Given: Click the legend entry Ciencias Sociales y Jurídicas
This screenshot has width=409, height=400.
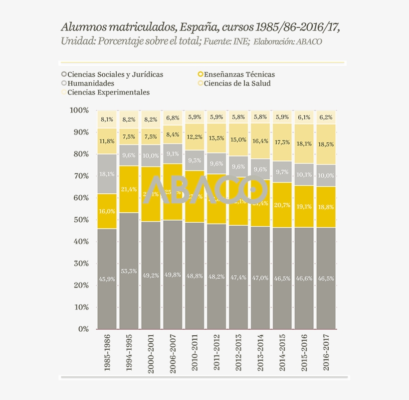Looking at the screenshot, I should point(115,74).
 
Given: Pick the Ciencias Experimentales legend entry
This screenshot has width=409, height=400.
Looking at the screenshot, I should point(108,92).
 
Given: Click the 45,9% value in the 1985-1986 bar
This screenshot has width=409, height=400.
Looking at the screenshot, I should point(107,279).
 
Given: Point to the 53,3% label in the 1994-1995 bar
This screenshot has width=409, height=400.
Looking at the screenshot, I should point(129,271).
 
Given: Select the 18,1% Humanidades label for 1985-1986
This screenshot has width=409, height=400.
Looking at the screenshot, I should point(107,174).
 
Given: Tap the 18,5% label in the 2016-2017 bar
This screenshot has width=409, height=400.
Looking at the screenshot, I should point(326,144).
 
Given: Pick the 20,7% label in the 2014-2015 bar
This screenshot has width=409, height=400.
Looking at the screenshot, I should point(282,205).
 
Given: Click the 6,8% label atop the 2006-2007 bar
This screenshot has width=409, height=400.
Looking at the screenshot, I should point(173,118).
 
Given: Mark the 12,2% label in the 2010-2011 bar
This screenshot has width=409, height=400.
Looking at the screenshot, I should point(195,137).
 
